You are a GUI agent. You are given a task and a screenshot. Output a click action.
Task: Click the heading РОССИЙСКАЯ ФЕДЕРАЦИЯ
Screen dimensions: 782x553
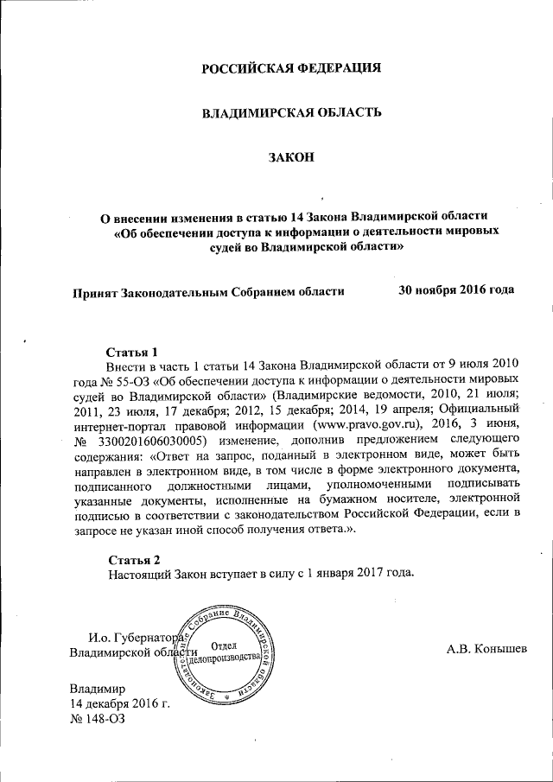(291, 67)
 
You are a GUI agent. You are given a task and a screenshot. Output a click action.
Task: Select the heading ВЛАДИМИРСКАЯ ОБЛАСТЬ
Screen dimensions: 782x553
(291, 113)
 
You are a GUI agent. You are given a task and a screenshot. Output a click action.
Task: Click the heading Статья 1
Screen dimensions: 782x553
(131, 353)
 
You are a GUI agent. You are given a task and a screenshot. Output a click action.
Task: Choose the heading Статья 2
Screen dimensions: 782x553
(131, 558)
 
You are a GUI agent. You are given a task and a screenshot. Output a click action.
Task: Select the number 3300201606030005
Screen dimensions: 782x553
(156, 439)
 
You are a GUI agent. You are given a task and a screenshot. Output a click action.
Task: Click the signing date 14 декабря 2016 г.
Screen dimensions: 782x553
(118, 705)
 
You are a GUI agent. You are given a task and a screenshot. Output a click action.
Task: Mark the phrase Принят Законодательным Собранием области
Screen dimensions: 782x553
(208, 291)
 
